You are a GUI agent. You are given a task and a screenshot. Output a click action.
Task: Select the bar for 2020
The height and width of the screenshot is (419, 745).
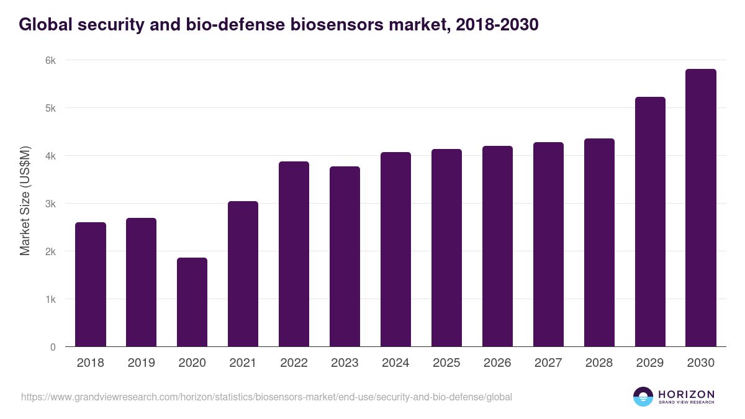pos(192,302)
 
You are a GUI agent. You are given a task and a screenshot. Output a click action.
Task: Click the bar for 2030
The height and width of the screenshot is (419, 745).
pos(701,208)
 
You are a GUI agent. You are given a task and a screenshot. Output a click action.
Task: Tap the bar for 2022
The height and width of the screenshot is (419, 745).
pos(294,254)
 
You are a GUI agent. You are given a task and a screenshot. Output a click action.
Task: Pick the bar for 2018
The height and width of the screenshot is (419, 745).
pos(91,284)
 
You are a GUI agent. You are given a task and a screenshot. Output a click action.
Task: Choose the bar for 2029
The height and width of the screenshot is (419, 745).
pos(650,222)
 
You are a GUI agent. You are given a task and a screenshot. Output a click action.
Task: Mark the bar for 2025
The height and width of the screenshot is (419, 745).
pos(446,248)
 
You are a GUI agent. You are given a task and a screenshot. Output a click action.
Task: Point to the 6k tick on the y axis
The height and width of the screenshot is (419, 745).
pos(50,60)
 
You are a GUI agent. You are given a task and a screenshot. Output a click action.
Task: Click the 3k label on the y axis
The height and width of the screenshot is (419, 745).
pos(50,204)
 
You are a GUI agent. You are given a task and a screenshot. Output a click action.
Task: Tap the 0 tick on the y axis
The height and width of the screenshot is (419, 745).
pos(53,347)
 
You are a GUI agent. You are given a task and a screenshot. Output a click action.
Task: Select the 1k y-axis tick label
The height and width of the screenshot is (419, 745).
pos(50,299)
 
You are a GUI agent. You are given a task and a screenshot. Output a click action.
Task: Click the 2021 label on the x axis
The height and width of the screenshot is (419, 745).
pos(243,363)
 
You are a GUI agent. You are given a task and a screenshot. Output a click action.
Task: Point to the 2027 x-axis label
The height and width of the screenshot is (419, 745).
pos(548,363)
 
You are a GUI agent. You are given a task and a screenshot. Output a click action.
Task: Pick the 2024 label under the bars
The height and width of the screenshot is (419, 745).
pos(395,363)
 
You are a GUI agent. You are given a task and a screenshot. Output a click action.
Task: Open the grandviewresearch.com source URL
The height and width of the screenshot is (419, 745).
pos(266,397)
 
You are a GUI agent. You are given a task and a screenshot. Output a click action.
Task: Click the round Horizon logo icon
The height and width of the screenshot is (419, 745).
pos(643,397)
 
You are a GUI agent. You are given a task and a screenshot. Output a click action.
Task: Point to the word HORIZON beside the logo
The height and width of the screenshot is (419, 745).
pos(686,394)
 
